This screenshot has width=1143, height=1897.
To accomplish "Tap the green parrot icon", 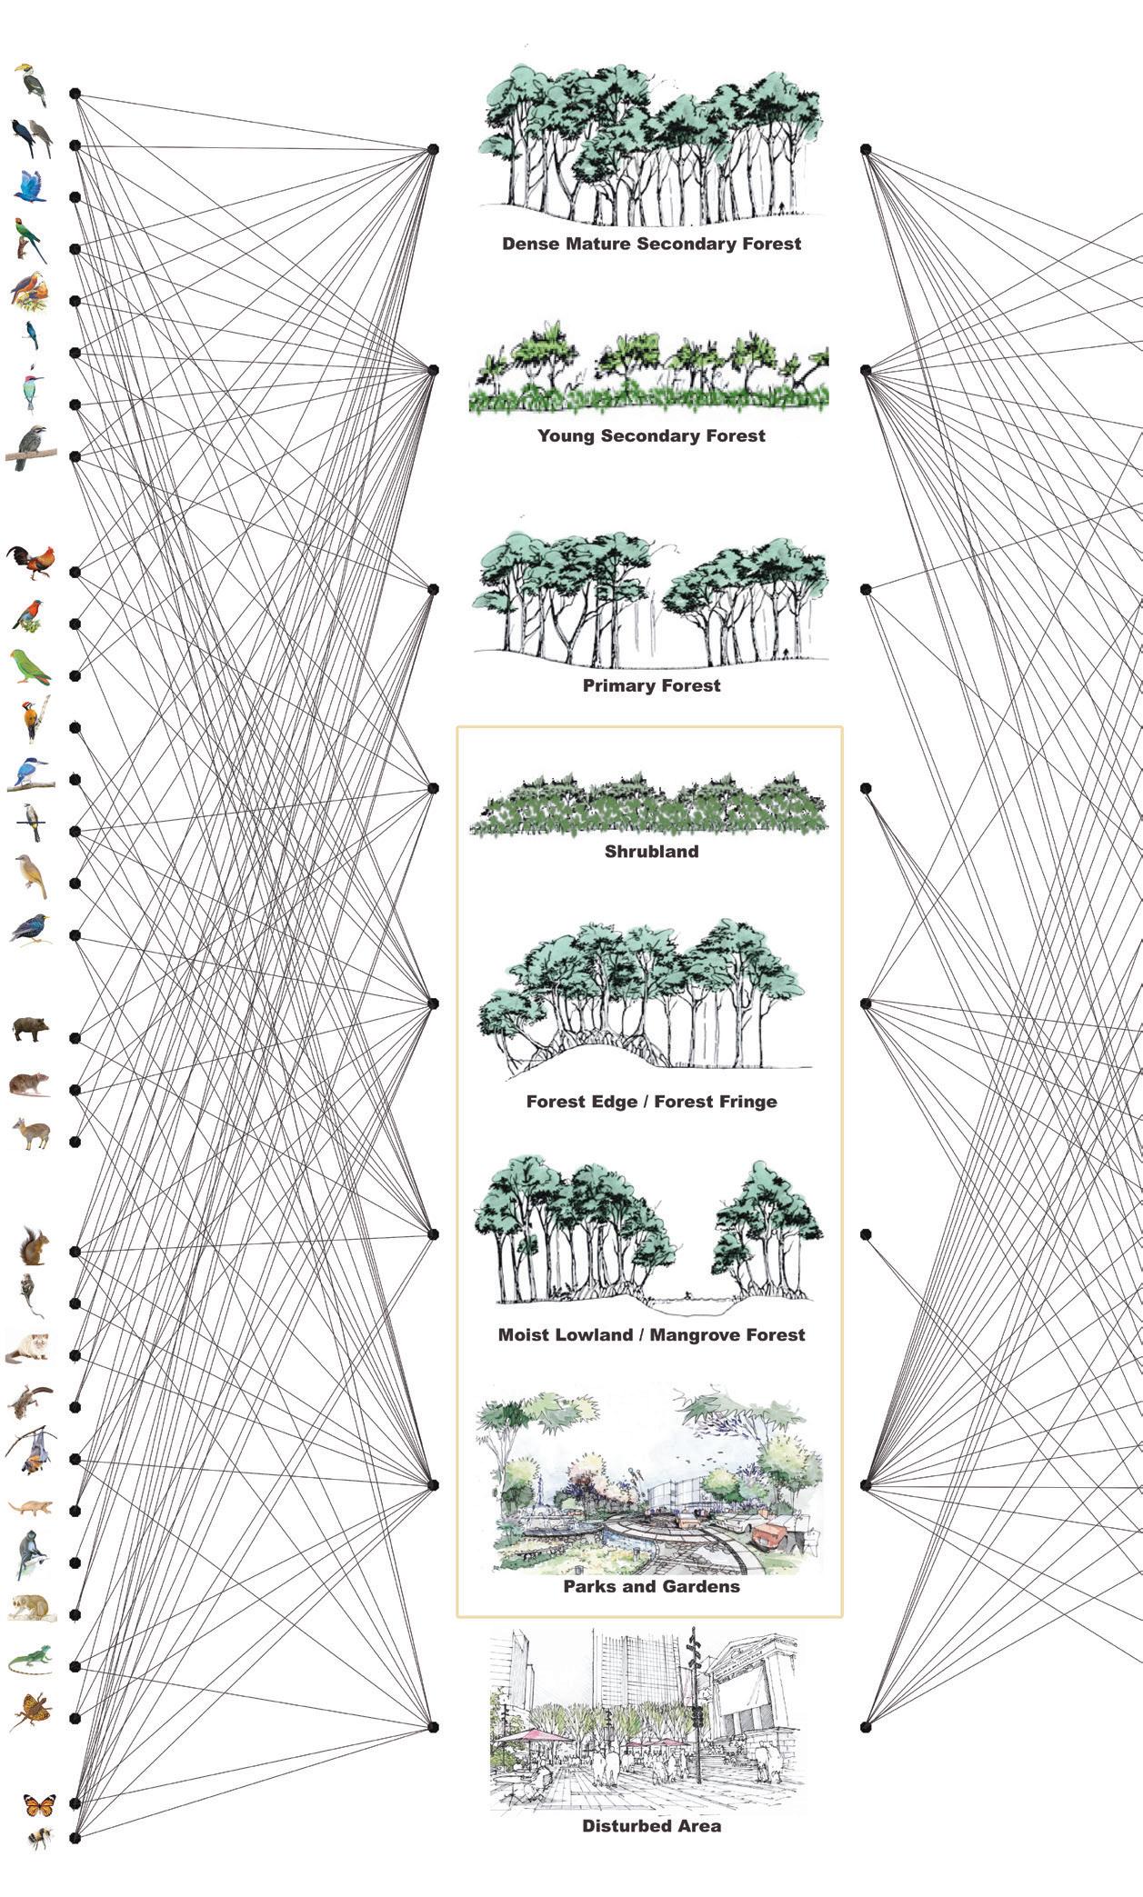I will (x=30, y=667).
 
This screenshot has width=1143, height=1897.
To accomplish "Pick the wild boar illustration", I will (x=30, y=1029).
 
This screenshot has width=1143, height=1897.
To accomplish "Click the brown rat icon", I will (x=29, y=1084).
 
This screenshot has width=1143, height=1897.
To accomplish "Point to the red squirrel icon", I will (x=34, y=1246).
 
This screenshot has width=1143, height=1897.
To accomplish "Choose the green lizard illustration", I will (x=30, y=1660).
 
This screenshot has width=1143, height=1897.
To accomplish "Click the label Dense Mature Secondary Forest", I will (x=651, y=244).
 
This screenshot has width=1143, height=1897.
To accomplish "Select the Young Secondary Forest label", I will (x=651, y=435).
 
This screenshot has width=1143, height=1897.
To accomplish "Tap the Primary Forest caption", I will (x=651, y=685).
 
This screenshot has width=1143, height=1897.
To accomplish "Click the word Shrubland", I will (x=651, y=852).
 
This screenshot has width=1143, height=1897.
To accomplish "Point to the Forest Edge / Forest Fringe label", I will (x=651, y=1102).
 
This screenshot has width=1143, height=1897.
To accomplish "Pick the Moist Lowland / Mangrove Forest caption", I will (x=651, y=1335).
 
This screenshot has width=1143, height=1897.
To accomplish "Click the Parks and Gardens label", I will (x=651, y=1586).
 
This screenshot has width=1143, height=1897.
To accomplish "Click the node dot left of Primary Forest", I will (x=434, y=590).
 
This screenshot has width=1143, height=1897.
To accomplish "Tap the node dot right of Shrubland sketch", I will (x=866, y=788).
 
